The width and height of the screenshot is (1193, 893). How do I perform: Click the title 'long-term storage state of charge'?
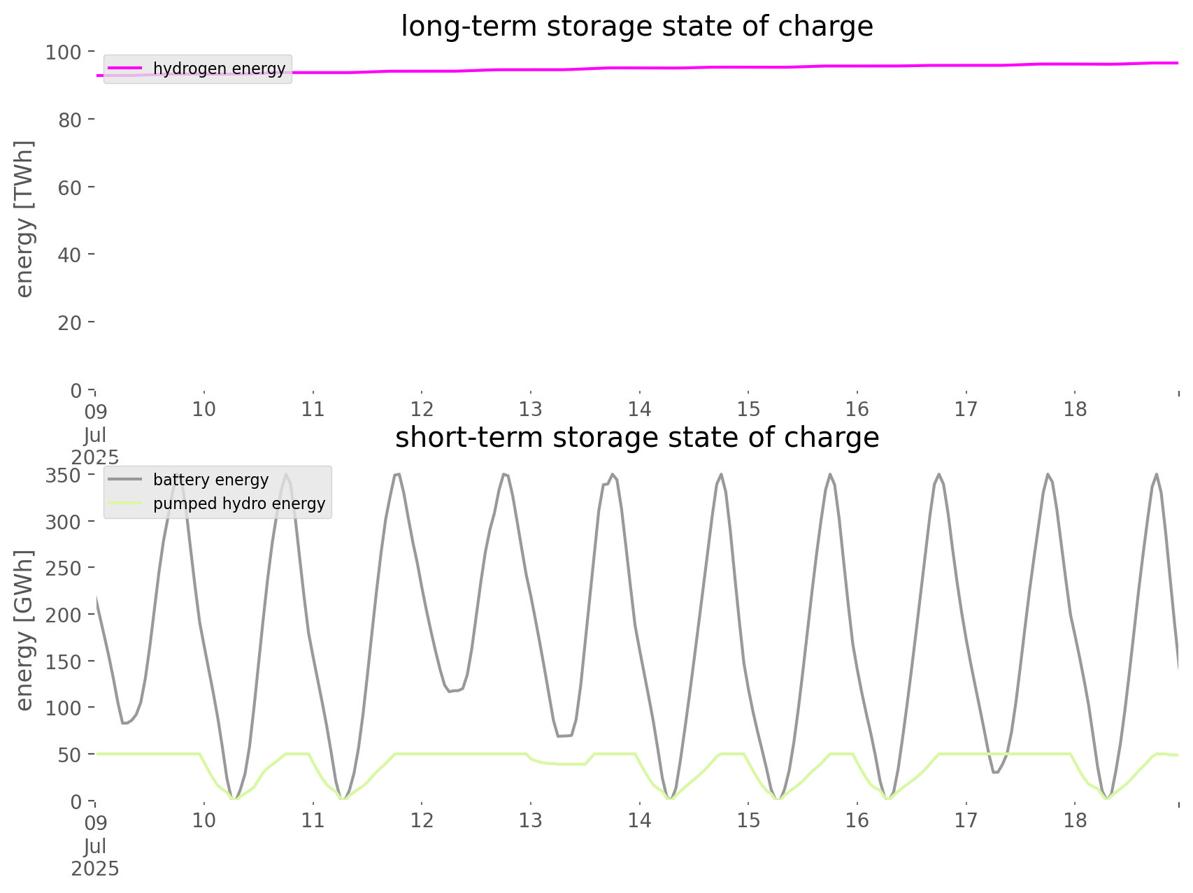click(636, 27)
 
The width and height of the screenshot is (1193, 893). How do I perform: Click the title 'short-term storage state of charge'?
click(636, 438)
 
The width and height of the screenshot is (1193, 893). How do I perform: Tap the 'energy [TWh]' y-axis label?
click(24, 219)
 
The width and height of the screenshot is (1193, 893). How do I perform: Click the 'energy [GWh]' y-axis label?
click(24, 631)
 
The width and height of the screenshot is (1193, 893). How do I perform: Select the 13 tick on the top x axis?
click(531, 409)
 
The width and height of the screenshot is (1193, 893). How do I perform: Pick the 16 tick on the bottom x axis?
click(857, 820)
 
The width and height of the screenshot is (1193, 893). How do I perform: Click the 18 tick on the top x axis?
click(1076, 409)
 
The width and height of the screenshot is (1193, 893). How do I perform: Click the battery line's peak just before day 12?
click(397, 474)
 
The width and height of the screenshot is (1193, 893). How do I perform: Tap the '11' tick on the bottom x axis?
click(313, 820)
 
